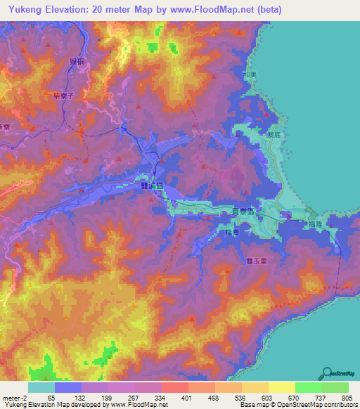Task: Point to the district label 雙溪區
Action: (x=152, y=186)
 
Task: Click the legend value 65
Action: (x=50, y=397)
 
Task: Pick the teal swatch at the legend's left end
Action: (x=41, y=387)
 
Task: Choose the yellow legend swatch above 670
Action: (x=282, y=387)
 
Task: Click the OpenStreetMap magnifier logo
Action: (x=326, y=374)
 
